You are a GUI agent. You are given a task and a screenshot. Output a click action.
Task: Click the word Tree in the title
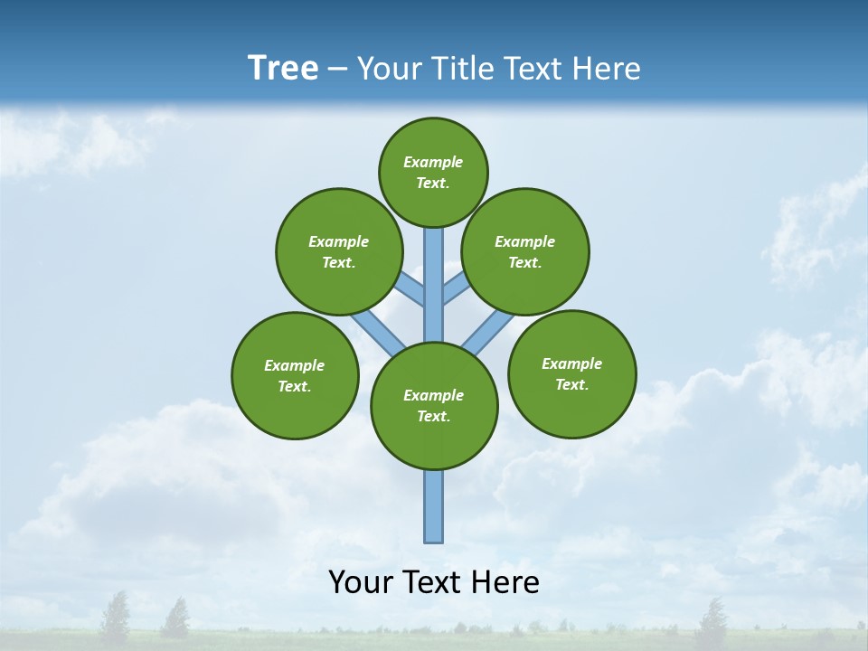click(x=283, y=69)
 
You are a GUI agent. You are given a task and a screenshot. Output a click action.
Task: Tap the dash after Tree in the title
click(x=337, y=70)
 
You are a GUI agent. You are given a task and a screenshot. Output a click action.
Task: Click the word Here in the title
click(x=609, y=69)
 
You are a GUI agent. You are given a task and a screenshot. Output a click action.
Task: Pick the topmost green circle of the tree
click(x=433, y=172)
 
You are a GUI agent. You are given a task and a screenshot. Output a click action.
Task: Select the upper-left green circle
click(x=338, y=251)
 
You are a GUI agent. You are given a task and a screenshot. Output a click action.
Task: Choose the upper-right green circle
click(x=525, y=251)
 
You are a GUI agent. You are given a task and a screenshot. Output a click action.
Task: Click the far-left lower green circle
click(x=295, y=375)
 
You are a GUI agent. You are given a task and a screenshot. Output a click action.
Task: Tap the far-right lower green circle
click(x=571, y=373)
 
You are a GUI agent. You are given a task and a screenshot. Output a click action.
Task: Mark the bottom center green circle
click(x=434, y=406)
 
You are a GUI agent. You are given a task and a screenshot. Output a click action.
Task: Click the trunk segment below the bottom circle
click(x=434, y=506)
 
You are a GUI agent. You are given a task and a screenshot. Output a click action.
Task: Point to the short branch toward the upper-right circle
click(x=456, y=289)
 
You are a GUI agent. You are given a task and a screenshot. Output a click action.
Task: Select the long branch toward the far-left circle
click(x=378, y=333)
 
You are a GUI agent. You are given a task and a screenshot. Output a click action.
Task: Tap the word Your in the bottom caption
click(x=360, y=582)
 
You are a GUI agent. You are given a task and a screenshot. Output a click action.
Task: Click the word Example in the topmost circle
click(x=433, y=162)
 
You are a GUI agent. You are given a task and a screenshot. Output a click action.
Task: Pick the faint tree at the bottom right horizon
click(x=712, y=619)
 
